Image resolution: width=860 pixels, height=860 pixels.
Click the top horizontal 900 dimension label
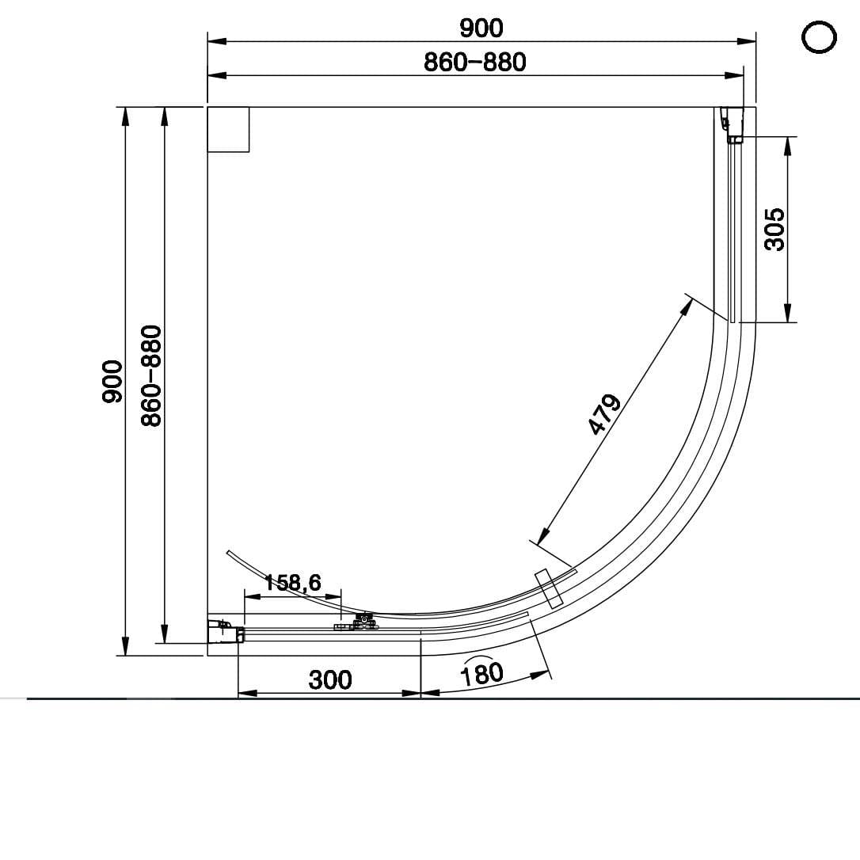pyautogui.click(x=481, y=28)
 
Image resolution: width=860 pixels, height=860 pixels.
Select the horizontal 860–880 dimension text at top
pyautogui.click(x=474, y=62)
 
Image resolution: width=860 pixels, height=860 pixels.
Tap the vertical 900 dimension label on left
pyautogui.click(x=112, y=382)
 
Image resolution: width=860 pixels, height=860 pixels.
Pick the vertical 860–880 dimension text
pyautogui.click(x=151, y=375)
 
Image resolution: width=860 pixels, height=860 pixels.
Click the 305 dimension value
pyautogui.click(x=775, y=230)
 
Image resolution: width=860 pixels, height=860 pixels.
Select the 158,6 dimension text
pyautogui.click(x=292, y=583)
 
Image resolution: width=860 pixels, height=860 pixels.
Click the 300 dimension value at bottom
pyautogui.click(x=330, y=679)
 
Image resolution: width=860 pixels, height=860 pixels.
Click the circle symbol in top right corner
pyautogui.click(x=820, y=36)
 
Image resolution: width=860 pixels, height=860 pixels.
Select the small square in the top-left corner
pyautogui.click(x=228, y=129)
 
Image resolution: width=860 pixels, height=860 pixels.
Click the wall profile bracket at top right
pyautogui.click(x=733, y=125)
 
